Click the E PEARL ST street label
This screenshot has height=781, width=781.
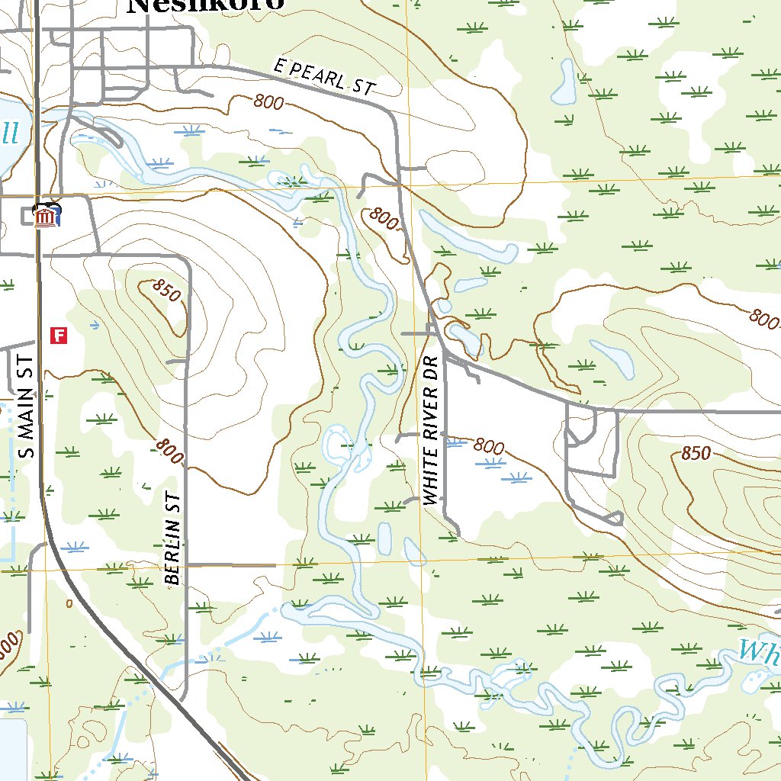pyautogui.click(x=325, y=78)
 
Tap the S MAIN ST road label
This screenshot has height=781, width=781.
pyautogui.click(x=27, y=407)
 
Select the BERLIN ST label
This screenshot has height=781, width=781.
pyautogui.click(x=173, y=538)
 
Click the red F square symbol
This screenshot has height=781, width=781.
pyautogui.click(x=59, y=335)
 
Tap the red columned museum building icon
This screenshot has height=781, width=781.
pyautogui.click(x=48, y=217)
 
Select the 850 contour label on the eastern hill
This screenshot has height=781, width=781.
pyautogui.click(x=696, y=454)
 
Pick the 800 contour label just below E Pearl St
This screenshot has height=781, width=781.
pyautogui.click(x=269, y=102)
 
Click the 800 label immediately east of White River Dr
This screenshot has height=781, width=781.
pyautogui.click(x=488, y=445)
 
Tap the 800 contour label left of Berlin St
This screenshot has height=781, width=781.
pyautogui.click(x=169, y=452)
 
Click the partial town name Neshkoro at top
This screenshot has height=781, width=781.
pyautogui.click(x=206, y=5)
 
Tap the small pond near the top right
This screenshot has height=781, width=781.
pyautogui.click(x=566, y=83)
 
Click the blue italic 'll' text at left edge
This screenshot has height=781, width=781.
pyautogui.click(x=8, y=134)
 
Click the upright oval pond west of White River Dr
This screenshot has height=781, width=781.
pyautogui.click(x=384, y=538)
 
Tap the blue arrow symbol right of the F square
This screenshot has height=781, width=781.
pyautogui.click(x=93, y=326)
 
